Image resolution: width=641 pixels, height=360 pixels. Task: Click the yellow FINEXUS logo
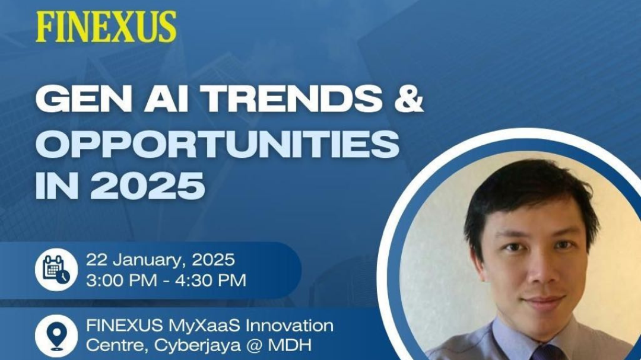tap(106, 26)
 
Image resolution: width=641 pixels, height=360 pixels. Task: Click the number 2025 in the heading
tap(148, 186)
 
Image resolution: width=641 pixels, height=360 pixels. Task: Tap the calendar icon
tap(56, 270)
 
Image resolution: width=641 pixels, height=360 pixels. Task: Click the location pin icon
tap(56, 336)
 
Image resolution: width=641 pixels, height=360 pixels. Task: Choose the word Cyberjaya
tap(198, 346)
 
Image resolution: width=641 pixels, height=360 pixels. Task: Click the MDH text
tap(290, 346)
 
